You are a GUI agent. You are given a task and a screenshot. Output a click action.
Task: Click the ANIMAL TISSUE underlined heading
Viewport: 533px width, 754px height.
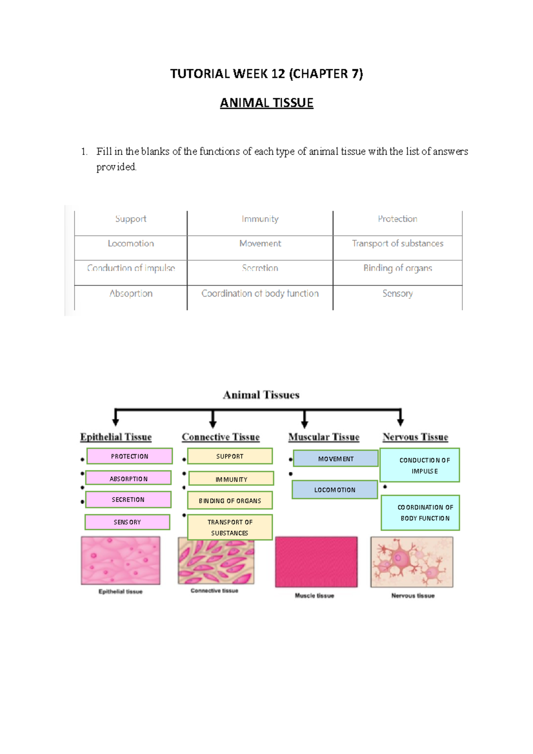266,103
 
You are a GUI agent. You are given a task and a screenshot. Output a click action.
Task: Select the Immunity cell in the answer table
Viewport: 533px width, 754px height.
260,219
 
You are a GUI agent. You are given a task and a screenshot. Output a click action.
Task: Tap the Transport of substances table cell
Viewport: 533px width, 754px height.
398,243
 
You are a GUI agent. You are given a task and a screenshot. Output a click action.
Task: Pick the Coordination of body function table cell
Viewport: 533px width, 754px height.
260,294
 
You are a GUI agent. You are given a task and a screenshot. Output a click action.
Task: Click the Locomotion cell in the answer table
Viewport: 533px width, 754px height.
131,243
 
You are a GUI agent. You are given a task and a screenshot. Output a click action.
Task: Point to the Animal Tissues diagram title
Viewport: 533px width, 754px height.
261,395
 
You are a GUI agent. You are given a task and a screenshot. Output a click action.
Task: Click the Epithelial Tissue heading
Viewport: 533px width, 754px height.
116,437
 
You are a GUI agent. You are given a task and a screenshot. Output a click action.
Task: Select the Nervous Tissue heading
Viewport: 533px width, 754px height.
415,437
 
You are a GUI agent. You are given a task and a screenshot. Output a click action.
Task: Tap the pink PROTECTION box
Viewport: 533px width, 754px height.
129,456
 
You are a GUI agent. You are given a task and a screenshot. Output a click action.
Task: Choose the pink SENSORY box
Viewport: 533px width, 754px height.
127,522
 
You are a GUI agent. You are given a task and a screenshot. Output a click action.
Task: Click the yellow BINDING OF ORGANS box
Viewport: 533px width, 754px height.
230,500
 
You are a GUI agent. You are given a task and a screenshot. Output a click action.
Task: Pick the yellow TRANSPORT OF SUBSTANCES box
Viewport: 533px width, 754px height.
230,528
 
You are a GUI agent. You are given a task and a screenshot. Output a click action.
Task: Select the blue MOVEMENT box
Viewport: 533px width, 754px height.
336,459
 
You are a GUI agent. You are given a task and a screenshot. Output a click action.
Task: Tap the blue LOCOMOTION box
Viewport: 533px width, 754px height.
335,490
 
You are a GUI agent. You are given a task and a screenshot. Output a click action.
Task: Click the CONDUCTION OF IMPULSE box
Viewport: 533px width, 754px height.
420,465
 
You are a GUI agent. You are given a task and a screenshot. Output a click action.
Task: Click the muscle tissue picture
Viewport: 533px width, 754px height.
316,562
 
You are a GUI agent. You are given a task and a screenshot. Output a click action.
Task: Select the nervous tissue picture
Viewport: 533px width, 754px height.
412,562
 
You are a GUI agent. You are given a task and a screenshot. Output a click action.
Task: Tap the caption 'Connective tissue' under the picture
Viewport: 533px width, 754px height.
215,591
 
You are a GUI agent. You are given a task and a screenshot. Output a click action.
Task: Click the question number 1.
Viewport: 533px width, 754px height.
84,152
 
